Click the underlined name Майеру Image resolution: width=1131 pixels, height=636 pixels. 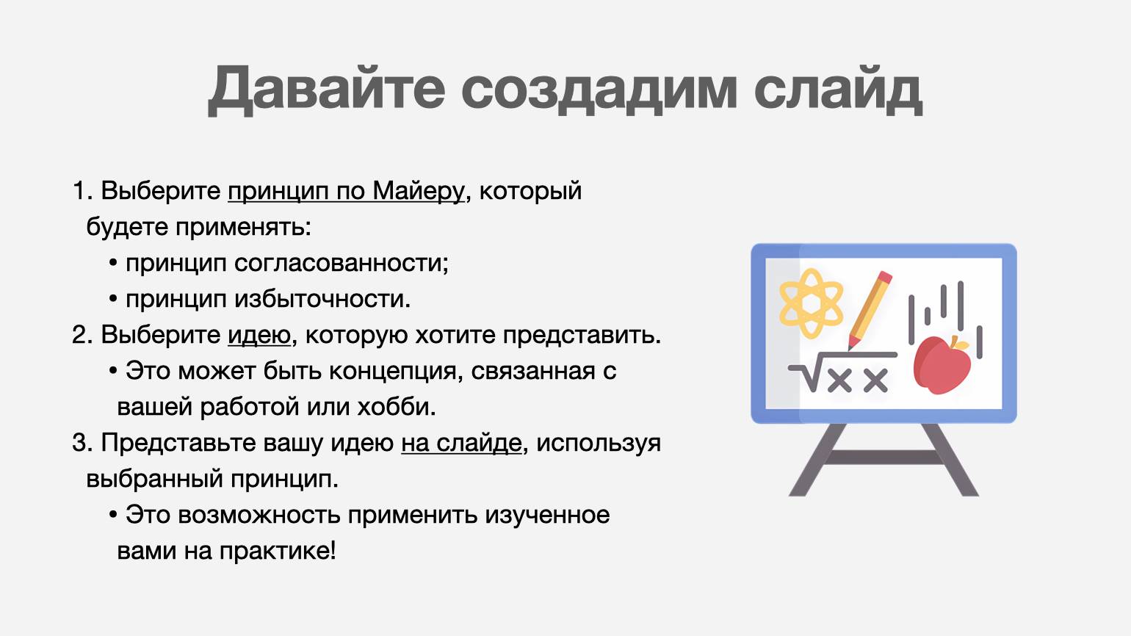(x=418, y=192)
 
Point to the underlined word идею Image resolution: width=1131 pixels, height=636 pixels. (x=259, y=335)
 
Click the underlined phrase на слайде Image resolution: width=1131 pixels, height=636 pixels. (x=461, y=443)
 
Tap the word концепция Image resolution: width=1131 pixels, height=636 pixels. (x=392, y=372)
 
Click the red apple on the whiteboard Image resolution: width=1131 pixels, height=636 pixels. (x=942, y=364)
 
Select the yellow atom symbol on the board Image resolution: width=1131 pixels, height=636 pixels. (x=811, y=303)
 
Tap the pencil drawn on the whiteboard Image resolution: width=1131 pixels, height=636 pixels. (x=870, y=310)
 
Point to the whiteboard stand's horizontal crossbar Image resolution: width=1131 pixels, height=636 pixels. (x=884, y=458)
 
